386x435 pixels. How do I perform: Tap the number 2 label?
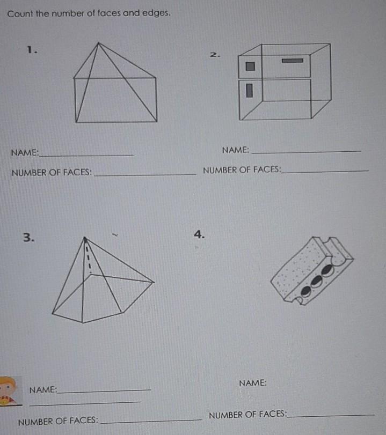coord(215,55)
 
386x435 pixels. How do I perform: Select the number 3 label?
coord(28,238)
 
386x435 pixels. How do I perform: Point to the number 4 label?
coord(199,234)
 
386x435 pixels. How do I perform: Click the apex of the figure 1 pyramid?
coord(98,43)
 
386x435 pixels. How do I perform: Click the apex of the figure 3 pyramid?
coord(85,238)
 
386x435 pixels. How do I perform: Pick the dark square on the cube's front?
coord(250,67)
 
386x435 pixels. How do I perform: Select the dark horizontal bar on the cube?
coord(293,61)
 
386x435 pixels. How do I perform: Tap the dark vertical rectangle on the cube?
coord(250,91)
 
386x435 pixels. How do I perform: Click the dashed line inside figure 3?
coord(88,256)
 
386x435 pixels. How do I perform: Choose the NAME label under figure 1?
coord(25,152)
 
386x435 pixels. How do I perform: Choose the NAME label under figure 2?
coord(236,150)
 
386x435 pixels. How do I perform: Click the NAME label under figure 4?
coord(253,383)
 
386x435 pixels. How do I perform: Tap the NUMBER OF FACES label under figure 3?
coord(58,421)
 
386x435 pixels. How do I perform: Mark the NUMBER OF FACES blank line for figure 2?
coord(325,172)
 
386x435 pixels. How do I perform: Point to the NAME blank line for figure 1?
coord(86,156)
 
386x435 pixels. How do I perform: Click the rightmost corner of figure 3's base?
coord(154,282)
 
